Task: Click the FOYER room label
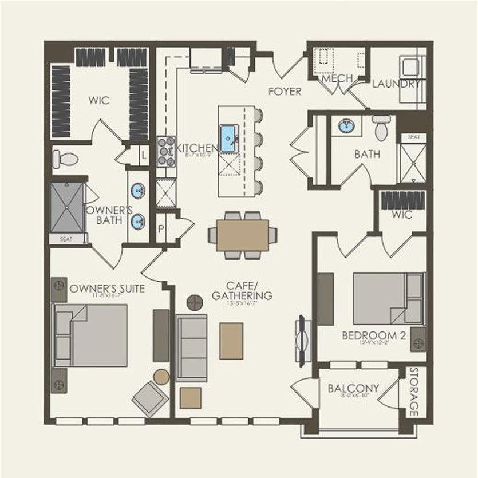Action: (285, 91)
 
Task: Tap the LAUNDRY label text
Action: (396, 84)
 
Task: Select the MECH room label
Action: (337, 78)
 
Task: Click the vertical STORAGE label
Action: (414, 392)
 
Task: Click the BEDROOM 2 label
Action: (374, 335)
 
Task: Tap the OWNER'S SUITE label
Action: (107, 289)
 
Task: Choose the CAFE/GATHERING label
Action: (242, 291)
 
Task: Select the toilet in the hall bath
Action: (382, 128)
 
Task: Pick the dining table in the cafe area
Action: (243, 235)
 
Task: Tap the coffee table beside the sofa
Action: (231, 341)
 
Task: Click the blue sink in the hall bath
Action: (345, 126)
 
